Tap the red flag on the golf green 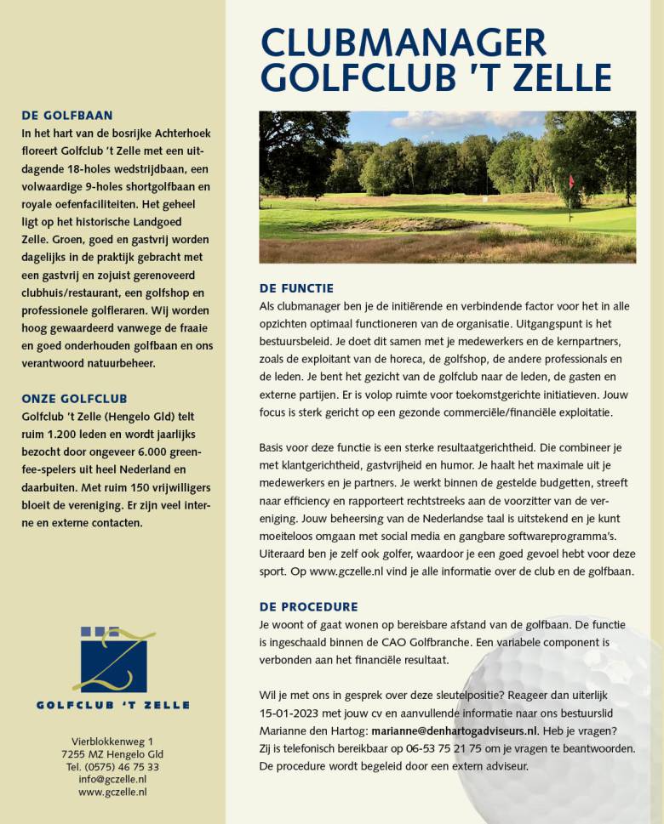coord(571,181)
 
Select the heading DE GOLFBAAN coord(66,116)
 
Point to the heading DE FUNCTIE coord(296,288)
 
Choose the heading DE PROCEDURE coord(308,607)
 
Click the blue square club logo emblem coord(113,659)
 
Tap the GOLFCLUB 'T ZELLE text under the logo coord(112,705)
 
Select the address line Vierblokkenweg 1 coord(112,742)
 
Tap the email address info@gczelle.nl coord(112,779)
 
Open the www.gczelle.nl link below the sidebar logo coord(112,792)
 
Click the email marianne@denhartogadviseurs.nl coord(455,730)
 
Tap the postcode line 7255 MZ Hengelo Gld coord(112,754)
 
